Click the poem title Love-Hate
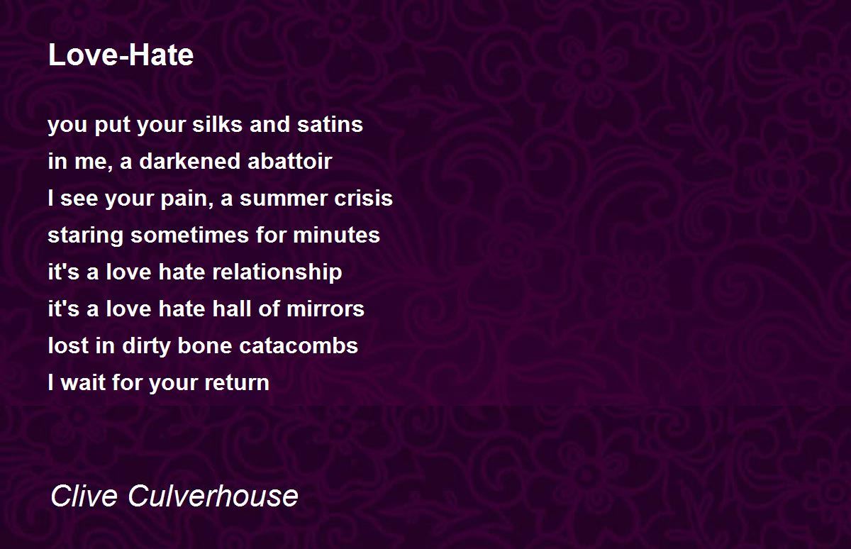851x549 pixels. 121,55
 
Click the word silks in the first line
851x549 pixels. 217,124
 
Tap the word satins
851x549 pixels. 330,124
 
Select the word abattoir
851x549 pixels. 290,161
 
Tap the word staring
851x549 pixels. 86,236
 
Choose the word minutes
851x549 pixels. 336,235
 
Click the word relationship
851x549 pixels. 277,273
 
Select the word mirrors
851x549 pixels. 326,309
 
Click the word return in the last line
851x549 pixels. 237,383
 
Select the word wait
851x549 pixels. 83,382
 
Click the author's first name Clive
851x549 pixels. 84,496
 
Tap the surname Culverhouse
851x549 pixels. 213,496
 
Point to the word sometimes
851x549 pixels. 189,235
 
